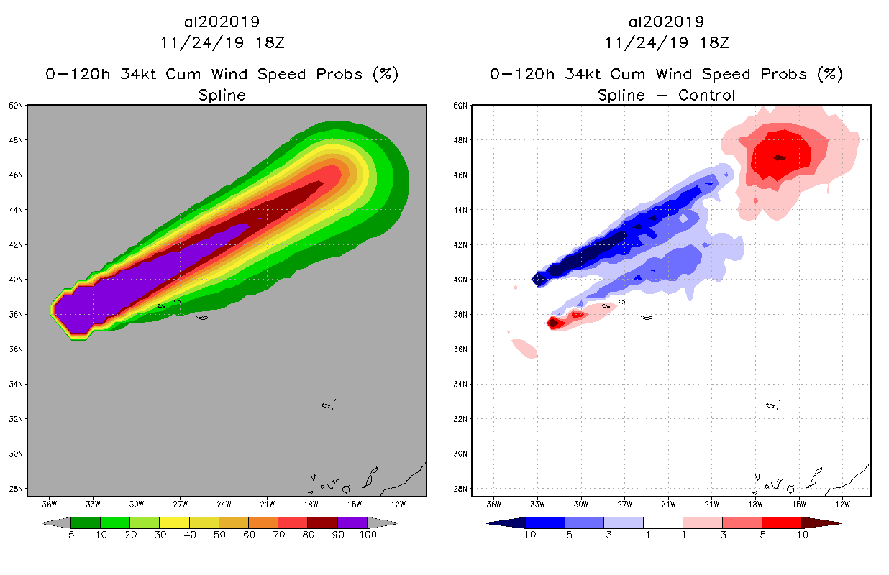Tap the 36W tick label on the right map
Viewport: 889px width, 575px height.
click(x=494, y=504)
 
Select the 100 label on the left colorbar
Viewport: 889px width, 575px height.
click(x=368, y=535)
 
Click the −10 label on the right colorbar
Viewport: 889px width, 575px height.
click(x=526, y=535)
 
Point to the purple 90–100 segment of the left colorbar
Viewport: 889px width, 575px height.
click(x=352, y=523)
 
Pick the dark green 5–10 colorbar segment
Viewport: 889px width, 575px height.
click(x=86, y=523)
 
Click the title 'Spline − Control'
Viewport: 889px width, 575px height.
click(x=667, y=95)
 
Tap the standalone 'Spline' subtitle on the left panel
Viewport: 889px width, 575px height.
click(x=222, y=95)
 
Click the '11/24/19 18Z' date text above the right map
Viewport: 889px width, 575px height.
click(x=667, y=42)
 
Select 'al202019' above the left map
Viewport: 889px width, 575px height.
click(x=222, y=22)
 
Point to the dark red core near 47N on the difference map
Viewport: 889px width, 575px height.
click(x=779, y=157)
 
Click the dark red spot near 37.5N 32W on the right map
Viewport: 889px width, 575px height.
click(x=553, y=323)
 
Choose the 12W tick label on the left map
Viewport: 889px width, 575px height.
click(x=398, y=504)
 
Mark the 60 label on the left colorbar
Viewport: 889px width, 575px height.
click(x=249, y=535)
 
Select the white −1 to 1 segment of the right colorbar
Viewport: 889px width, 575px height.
click(x=662, y=523)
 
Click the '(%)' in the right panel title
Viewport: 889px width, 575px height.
click(x=831, y=74)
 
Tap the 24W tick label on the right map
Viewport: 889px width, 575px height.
click(x=668, y=504)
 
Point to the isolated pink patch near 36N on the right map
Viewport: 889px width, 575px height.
click(x=525, y=349)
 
